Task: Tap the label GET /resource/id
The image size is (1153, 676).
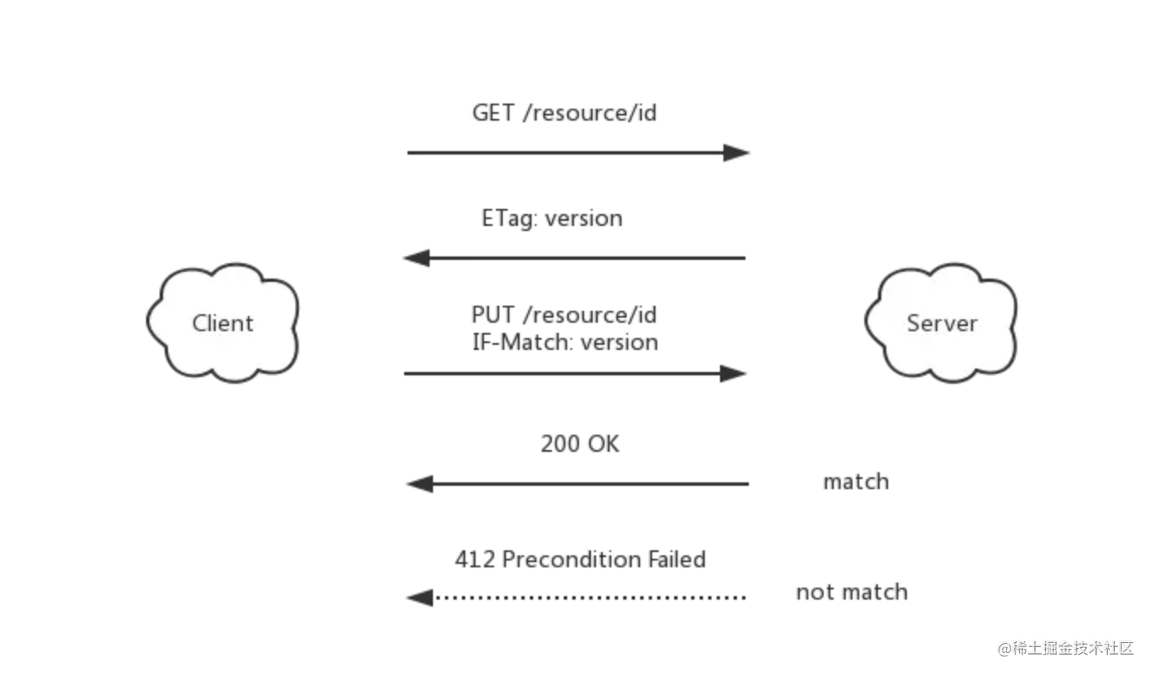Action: click(x=564, y=113)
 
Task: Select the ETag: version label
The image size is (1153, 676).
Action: click(x=552, y=218)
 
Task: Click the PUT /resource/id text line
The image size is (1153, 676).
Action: click(x=564, y=314)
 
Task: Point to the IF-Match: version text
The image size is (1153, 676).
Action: click(x=565, y=342)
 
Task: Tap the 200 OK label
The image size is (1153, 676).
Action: click(x=580, y=444)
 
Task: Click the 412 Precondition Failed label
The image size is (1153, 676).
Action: click(x=580, y=559)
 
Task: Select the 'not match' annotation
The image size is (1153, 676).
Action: click(x=852, y=592)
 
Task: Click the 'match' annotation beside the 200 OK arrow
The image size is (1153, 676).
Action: click(x=856, y=482)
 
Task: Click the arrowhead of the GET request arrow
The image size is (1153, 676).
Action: click(x=736, y=153)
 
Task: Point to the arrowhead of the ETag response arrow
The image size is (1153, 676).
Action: click(x=416, y=258)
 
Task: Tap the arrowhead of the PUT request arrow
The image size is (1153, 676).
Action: click(x=733, y=374)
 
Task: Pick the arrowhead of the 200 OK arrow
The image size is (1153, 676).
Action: click(x=419, y=484)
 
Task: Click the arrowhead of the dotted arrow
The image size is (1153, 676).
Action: click(x=419, y=598)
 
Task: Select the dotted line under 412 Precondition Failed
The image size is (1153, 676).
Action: click(x=590, y=598)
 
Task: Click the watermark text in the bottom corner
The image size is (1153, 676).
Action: click(x=1066, y=648)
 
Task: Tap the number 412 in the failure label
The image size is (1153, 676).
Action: click(x=475, y=559)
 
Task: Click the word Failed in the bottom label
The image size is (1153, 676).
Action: click(x=677, y=559)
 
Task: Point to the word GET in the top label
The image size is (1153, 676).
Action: click(x=493, y=113)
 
